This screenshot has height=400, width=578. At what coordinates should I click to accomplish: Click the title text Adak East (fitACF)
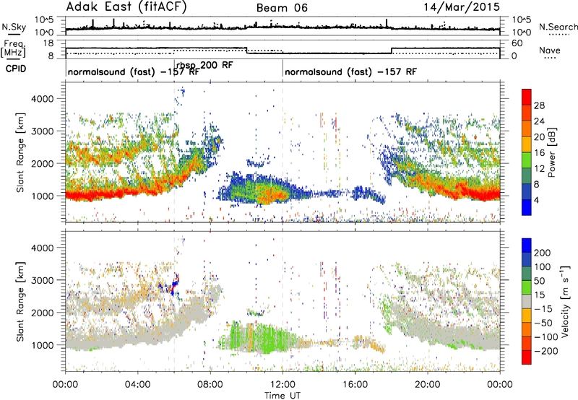click(126, 7)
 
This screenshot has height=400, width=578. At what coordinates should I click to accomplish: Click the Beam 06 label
click(282, 8)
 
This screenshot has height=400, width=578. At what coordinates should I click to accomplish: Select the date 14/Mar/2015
click(462, 7)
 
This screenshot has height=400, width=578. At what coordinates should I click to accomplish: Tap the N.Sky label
click(14, 27)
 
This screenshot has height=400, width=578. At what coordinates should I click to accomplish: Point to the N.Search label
click(558, 27)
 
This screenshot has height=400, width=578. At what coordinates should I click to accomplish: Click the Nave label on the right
click(550, 50)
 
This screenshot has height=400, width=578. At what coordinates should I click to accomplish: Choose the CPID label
click(16, 69)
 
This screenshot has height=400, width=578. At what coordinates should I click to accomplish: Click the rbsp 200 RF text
click(204, 65)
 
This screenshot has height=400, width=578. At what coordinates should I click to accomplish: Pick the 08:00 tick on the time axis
click(210, 385)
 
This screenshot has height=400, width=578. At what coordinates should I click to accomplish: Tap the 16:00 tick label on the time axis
click(355, 385)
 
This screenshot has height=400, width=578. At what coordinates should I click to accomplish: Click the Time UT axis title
click(282, 395)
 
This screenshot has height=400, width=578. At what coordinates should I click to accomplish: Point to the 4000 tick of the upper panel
click(43, 99)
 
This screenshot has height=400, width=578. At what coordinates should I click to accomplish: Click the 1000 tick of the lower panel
click(43, 345)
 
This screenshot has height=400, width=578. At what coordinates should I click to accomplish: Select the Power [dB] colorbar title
click(551, 152)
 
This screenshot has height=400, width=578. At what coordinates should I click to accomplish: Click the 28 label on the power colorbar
click(539, 105)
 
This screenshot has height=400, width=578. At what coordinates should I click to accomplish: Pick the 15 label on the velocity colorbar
click(539, 295)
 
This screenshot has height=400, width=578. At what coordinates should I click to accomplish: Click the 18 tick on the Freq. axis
click(48, 43)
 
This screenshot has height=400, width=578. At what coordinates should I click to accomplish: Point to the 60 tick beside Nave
click(517, 43)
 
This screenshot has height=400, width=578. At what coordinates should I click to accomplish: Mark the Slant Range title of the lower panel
click(20, 302)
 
